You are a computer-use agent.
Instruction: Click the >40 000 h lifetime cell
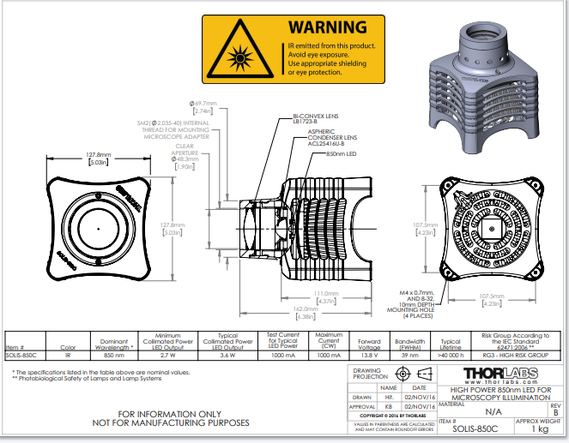point(451,355)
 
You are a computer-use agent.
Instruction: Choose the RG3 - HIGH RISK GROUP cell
point(518,355)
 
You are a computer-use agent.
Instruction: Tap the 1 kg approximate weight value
point(538,428)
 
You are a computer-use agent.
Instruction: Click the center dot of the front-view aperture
point(98,230)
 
